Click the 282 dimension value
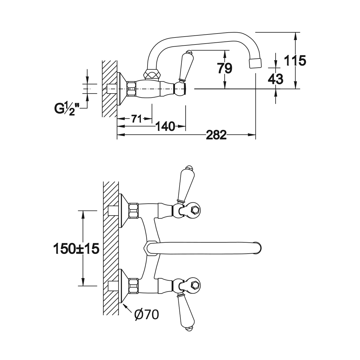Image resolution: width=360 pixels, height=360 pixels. (216, 134)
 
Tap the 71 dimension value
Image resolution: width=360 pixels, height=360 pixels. (136, 119)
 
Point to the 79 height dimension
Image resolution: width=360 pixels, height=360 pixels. (225, 68)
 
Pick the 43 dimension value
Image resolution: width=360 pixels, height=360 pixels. (275, 79)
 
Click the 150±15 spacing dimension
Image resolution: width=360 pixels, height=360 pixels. (76, 248)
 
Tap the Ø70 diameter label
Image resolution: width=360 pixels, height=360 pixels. (147, 315)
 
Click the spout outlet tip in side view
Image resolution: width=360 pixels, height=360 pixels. (255, 63)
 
